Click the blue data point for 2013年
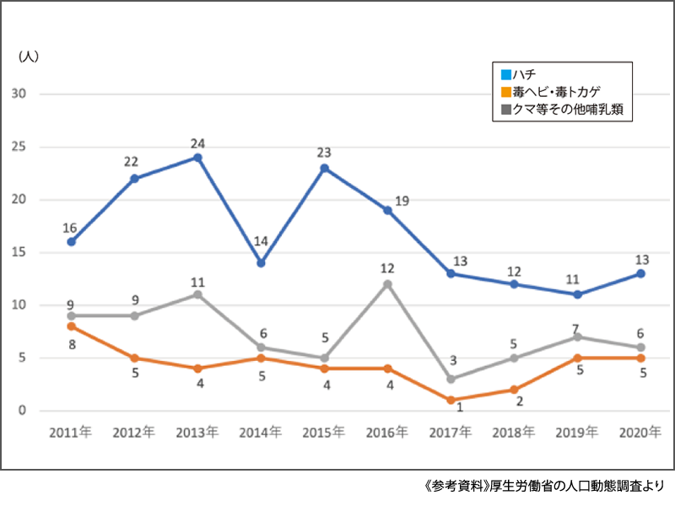[x=197, y=158]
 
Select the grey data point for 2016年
[x=388, y=284]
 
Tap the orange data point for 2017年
[x=451, y=401]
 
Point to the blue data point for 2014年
[x=262, y=263]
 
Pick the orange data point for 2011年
[x=72, y=326]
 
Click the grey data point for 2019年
[x=578, y=337]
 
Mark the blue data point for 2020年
[x=641, y=273]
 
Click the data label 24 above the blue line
[x=197, y=142]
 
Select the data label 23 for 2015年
[x=324, y=153]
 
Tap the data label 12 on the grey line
[x=387, y=268]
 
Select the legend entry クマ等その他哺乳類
[x=561, y=109]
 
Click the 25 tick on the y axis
[x=19, y=147]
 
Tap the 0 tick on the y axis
[x=24, y=411]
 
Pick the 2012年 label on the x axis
[x=134, y=433]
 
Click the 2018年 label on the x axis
[x=514, y=433]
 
